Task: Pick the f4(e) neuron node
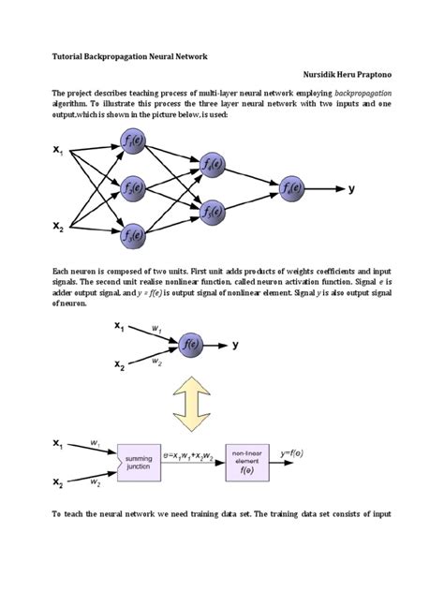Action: (212, 166)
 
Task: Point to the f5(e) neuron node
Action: (212, 209)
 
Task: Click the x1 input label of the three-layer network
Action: (57, 150)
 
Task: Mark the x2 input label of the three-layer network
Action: (57, 227)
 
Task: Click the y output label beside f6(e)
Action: (351, 188)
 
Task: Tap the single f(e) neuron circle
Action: (191, 344)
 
